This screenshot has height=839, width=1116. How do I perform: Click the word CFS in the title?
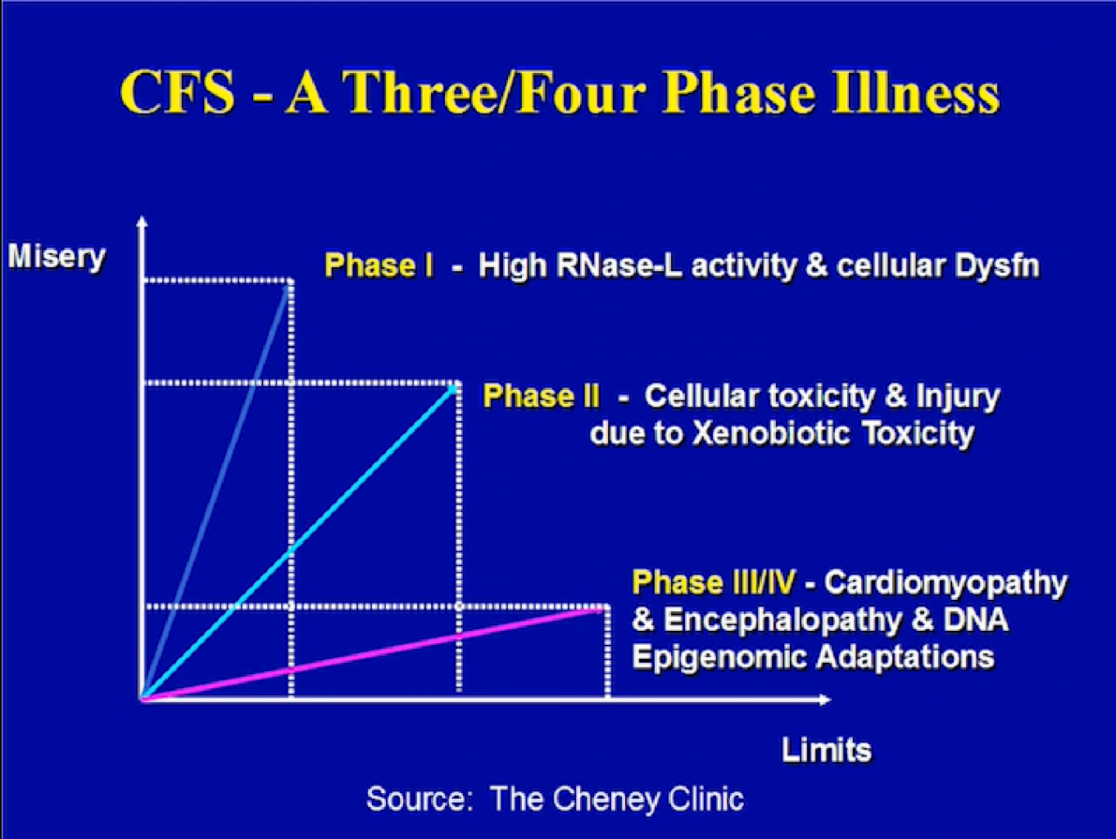point(177,93)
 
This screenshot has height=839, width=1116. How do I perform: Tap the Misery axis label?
point(57,257)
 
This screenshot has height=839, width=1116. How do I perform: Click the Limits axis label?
point(826,750)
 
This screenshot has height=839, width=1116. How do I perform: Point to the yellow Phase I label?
point(379,265)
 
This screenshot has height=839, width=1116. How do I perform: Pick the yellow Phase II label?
point(541,396)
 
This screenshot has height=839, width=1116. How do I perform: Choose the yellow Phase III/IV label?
point(714,582)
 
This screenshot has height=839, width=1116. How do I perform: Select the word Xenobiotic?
point(771,433)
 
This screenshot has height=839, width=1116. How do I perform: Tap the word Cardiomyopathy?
point(946,583)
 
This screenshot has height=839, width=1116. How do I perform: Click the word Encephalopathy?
point(783,621)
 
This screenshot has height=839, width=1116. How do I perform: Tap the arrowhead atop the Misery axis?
point(143,221)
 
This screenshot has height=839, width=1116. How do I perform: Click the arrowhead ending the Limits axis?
point(824,700)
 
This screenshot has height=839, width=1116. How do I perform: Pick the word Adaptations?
point(905,658)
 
